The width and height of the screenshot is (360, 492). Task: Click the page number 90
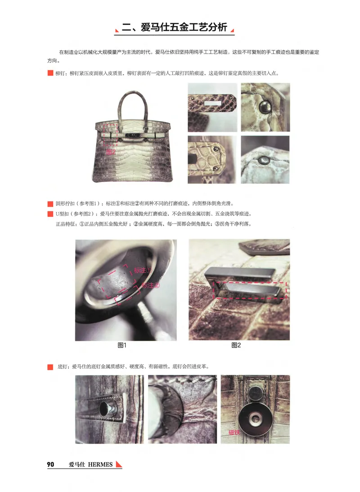(50, 465)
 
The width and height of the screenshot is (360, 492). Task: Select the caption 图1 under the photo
(122, 345)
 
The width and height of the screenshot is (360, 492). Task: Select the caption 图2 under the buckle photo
(236, 345)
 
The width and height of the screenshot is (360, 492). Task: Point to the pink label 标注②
(151, 285)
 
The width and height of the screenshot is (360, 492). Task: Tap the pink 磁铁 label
(234, 432)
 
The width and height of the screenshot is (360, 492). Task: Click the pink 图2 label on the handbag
(111, 152)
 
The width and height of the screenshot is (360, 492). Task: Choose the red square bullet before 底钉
(50, 367)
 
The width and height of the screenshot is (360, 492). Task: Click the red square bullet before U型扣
(50, 213)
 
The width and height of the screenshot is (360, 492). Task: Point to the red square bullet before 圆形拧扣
(50, 203)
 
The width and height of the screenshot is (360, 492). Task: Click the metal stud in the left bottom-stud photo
(108, 409)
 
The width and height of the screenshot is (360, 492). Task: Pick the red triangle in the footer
(119, 464)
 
